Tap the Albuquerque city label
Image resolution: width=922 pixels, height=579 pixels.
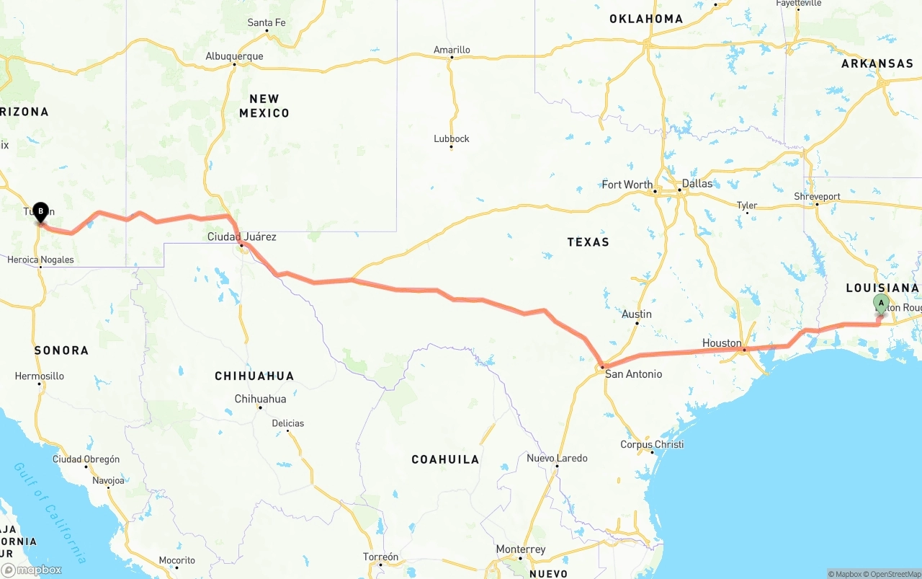[234, 56]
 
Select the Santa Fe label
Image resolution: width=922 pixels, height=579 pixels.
[266, 22]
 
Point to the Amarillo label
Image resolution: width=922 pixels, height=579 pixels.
[452, 50]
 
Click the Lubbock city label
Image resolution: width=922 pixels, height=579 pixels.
[452, 138]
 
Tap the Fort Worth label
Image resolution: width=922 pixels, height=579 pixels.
[627, 185]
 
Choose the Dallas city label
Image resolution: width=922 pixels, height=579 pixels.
[697, 183]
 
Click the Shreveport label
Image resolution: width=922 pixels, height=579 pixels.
[817, 196]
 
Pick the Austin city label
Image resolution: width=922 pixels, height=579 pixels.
[637, 314]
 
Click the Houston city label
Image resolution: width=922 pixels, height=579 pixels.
[722, 343]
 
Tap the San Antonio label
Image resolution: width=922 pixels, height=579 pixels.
[633, 374]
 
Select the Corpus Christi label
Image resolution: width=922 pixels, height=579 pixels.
[652, 444]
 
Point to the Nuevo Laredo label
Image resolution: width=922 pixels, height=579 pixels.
[557, 458]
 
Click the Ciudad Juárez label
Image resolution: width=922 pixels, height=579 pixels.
[241, 237]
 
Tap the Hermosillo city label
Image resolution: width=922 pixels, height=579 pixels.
[40, 376]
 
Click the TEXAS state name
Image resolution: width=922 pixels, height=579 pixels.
[588, 242]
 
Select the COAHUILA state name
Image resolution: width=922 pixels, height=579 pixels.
[445, 459]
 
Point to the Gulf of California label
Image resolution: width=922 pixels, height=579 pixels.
[50, 512]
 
